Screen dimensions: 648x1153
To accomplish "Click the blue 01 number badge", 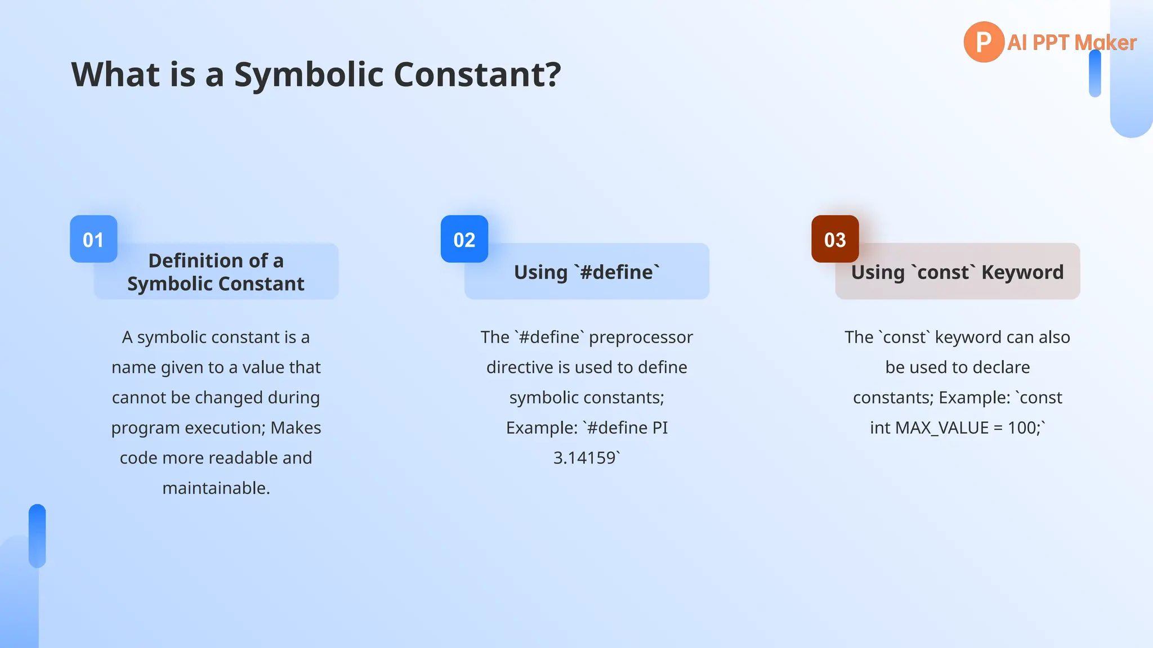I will click(x=93, y=239).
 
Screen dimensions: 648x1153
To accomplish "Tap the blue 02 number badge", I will click(x=464, y=239).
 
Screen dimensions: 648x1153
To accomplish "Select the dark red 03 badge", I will click(x=835, y=239).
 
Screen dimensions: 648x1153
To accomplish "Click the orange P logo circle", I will click(x=984, y=42).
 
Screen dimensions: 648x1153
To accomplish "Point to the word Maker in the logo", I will click(x=1105, y=43).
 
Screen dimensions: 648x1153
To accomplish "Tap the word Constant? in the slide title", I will click(x=477, y=74).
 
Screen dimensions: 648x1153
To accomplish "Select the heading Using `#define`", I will click(x=587, y=272).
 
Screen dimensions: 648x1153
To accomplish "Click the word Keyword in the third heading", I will click(x=1022, y=272).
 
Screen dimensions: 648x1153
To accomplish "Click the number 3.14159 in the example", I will click(x=584, y=458).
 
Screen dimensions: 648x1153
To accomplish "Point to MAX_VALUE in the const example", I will click(x=942, y=428).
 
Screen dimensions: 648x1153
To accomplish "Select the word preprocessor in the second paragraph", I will click(x=641, y=337).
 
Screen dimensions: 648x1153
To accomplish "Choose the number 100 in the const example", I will click(x=1021, y=428).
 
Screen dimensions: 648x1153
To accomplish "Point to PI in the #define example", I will click(x=660, y=428).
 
